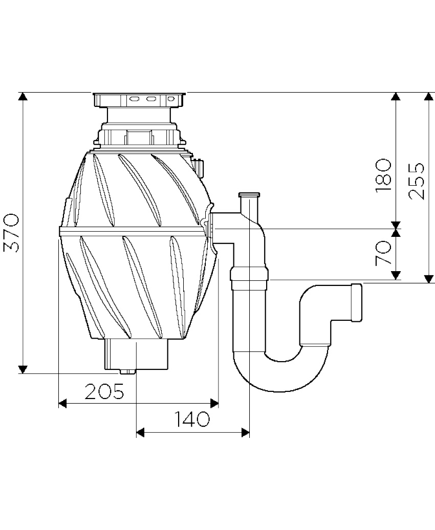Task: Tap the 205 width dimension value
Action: (104, 391)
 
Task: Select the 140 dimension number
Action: (192, 419)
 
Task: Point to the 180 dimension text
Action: (384, 175)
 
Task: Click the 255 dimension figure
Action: (416, 182)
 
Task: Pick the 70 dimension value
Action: (384, 253)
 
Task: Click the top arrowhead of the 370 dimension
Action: (23, 96)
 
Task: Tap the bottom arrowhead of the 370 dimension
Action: (23, 369)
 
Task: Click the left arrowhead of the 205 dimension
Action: (62, 403)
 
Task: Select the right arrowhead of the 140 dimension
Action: (246, 432)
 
